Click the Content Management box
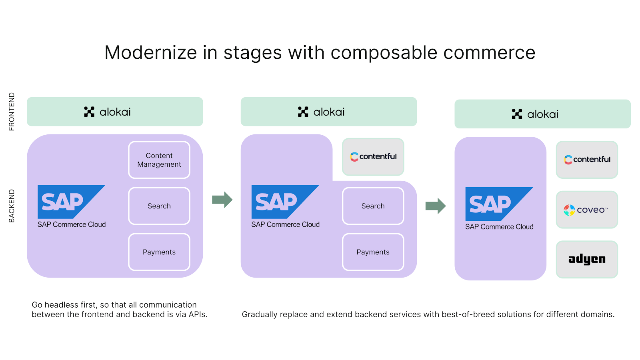point(159,160)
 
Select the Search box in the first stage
point(159,206)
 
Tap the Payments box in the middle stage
point(373,252)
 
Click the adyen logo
point(587,260)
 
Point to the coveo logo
point(586,210)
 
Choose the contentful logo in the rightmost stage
point(587,160)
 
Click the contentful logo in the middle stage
point(373,156)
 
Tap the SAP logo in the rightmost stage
point(499,204)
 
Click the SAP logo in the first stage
point(72,202)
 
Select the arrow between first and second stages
point(222,200)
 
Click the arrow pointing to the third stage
point(436,206)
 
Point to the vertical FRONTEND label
point(12,112)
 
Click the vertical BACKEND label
point(12,206)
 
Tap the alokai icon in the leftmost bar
point(89,112)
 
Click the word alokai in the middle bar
point(329,112)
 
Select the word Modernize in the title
point(150,52)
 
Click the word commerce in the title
point(490,53)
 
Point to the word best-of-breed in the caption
point(468,314)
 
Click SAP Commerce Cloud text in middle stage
point(286,224)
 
